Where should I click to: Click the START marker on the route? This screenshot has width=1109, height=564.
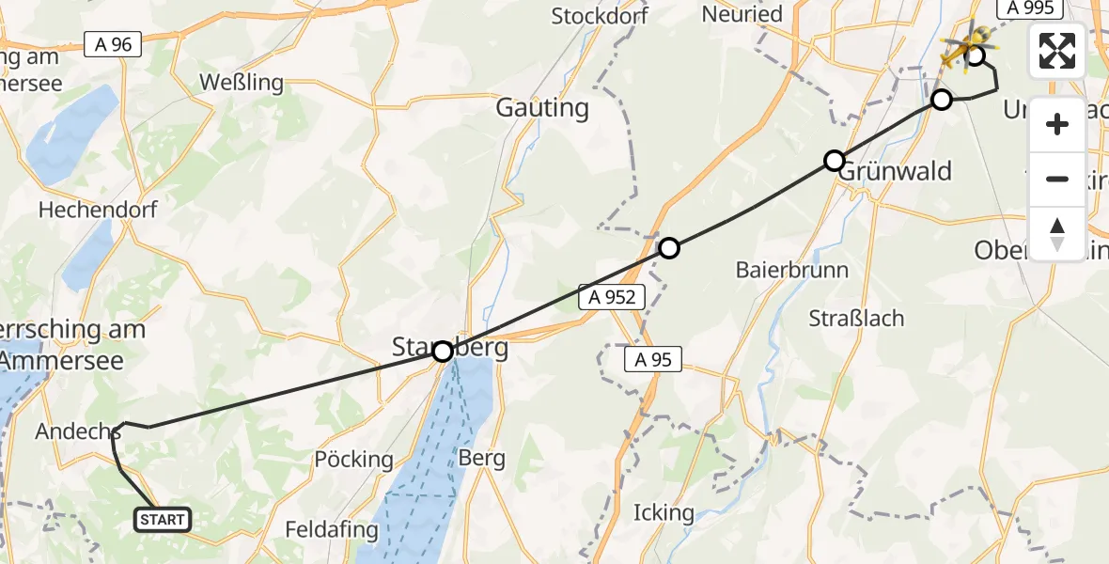[x=164, y=519]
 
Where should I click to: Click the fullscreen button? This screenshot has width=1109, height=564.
[x=1057, y=51]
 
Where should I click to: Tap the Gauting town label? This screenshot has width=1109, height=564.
[x=543, y=108]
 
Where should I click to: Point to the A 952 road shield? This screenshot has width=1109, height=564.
[x=613, y=298]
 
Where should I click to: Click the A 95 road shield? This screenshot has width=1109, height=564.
[x=652, y=358]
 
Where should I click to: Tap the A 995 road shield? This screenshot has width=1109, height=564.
[x=1031, y=8]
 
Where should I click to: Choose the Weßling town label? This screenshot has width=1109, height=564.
[x=242, y=82]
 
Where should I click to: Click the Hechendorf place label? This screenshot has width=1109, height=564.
[x=98, y=210]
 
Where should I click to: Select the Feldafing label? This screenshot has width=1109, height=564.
[x=332, y=530]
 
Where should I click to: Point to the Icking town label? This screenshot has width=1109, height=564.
[x=664, y=512]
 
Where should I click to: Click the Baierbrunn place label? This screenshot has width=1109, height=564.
[x=792, y=270]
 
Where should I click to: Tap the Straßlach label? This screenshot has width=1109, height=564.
[x=856, y=318]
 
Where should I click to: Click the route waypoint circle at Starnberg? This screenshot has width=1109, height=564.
[x=443, y=352]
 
